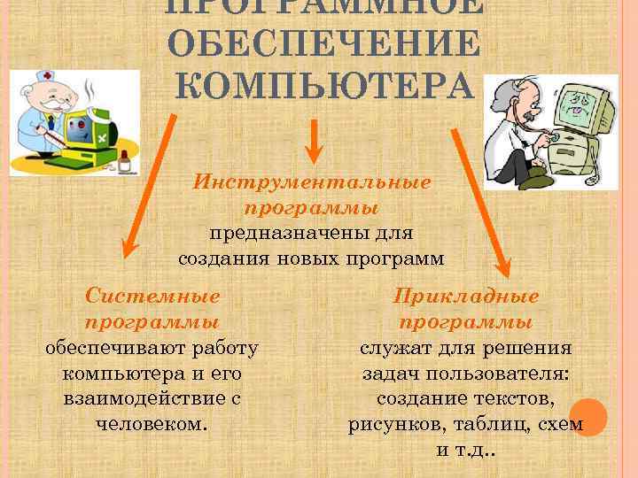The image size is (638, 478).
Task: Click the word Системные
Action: (152, 296)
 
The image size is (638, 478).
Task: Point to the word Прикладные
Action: (466, 296)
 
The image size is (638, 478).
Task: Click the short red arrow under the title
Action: (313, 142)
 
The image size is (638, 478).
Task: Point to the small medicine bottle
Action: (125, 160)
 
